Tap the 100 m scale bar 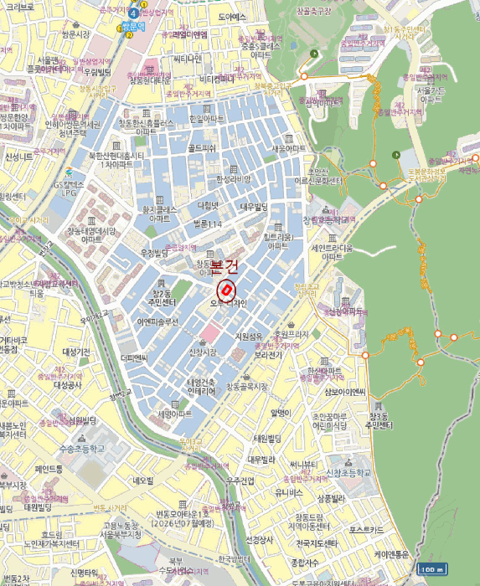click(431, 570)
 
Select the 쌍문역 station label click(134, 26)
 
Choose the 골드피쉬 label click(202, 148)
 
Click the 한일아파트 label click(206, 119)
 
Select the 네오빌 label click(142, 481)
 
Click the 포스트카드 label click(366, 529)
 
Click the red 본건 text click(224, 266)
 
